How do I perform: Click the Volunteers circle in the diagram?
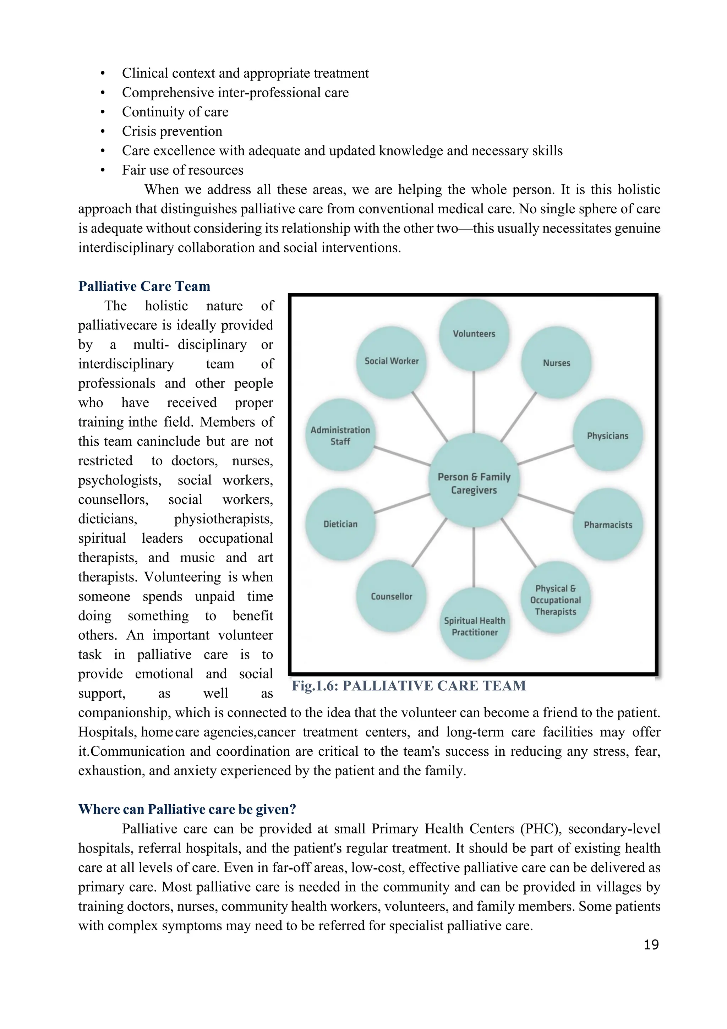tap(474, 334)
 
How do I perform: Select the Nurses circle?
tap(556, 363)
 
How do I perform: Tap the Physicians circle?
tap(607, 436)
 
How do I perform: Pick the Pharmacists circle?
tap(608, 525)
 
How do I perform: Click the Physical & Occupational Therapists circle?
tap(555, 599)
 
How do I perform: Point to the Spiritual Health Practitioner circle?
tap(474, 626)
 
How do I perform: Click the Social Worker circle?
tap(391, 361)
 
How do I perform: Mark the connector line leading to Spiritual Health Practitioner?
tap(474, 558)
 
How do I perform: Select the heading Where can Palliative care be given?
tap(187, 809)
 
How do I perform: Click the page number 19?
tap(651, 945)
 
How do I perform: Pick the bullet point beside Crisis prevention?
tap(103, 132)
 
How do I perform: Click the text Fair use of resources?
tap(182, 170)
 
